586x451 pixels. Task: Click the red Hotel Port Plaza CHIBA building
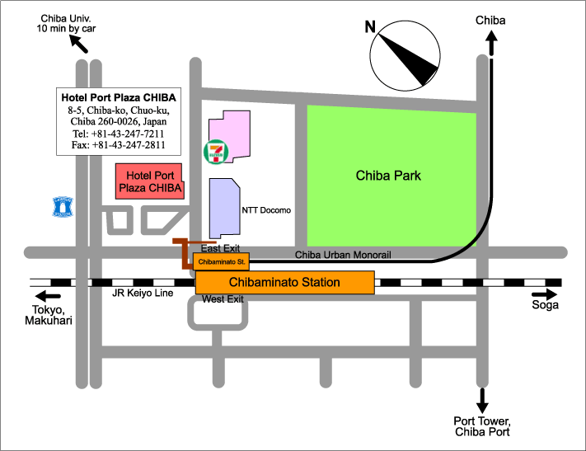[148, 181]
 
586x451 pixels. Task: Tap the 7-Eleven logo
[216, 151]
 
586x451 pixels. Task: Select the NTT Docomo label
[266, 210]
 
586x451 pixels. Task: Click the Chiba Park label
[388, 176]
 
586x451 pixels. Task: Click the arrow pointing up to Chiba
[492, 44]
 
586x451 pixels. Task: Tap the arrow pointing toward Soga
[545, 294]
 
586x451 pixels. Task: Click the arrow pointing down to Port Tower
[481, 402]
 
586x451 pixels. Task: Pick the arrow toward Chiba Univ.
[79, 43]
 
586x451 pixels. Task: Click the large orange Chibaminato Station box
[284, 282]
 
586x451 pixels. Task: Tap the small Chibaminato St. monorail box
[221, 261]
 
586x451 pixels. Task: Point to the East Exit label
[220, 247]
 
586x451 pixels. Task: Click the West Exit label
[223, 298]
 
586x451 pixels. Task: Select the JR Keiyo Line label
[143, 293]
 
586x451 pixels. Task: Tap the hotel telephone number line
[118, 134]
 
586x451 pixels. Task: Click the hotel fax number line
[118, 145]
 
